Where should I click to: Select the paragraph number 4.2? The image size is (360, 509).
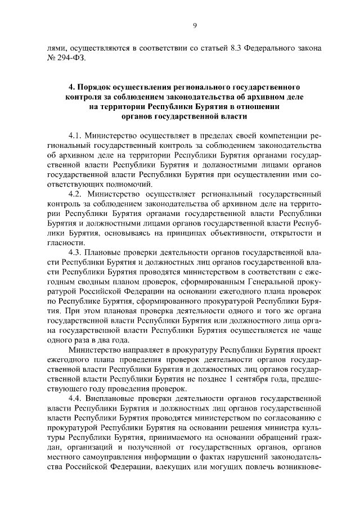click(75, 193)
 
